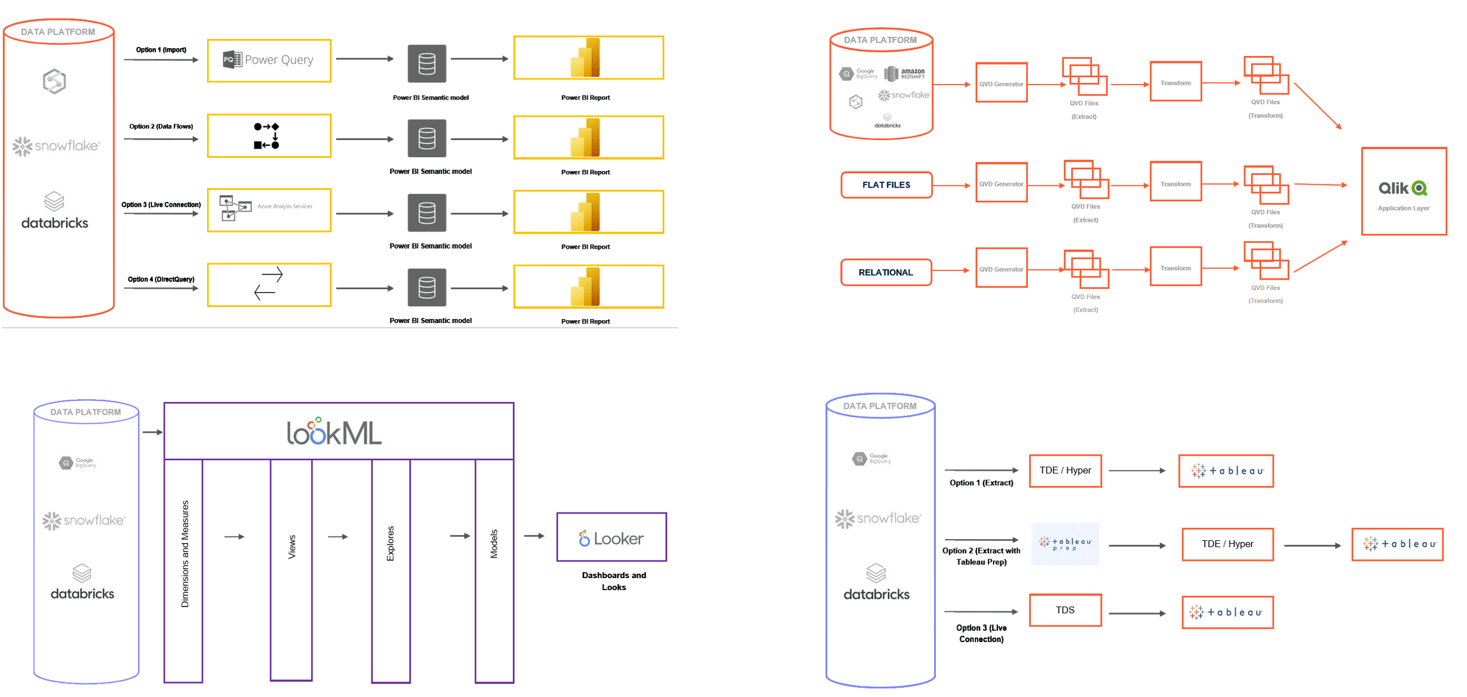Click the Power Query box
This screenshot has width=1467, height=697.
coord(269,60)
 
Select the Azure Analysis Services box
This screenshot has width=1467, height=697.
coord(269,210)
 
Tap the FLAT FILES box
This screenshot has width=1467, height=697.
coord(886,185)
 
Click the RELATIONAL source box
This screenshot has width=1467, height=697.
coord(886,272)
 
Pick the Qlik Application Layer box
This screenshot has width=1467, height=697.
coord(1404,191)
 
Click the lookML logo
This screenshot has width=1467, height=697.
coord(334,432)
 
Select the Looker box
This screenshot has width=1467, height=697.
coord(611,537)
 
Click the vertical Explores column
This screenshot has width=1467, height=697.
coord(390,571)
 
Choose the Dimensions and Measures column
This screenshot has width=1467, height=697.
coord(184,571)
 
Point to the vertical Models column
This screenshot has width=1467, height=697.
coord(494,571)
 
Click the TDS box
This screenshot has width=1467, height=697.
coord(1065,610)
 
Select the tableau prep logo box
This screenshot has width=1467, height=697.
coord(1065,544)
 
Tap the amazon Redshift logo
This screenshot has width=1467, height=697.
coord(904,74)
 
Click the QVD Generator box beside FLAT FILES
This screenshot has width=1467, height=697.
coord(1001,183)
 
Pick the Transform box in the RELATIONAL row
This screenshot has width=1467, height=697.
coord(1175,267)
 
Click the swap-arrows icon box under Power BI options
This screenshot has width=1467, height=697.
coord(269,284)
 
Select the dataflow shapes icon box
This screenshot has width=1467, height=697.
coord(269,136)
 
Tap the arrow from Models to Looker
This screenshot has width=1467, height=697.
coord(535,536)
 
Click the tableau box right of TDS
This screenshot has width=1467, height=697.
coord(1227,612)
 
